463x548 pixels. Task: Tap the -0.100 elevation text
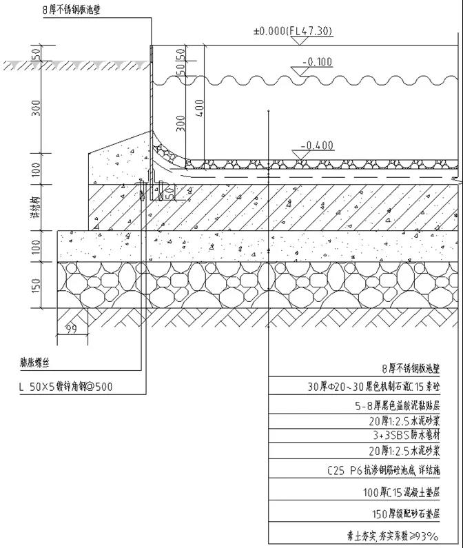(318, 63)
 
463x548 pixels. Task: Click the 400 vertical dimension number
(199, 109)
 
